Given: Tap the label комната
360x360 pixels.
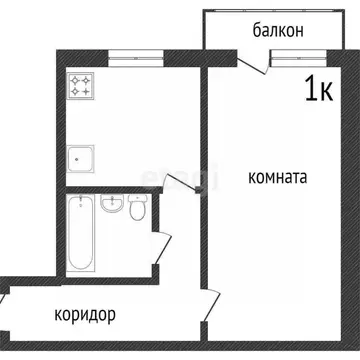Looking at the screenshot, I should [277, 177].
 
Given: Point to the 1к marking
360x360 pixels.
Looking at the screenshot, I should [317, 90].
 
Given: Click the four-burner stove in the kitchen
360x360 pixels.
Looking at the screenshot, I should [81, 87].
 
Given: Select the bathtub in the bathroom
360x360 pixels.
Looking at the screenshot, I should [81, 233].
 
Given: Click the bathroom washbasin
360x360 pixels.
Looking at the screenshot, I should [114, 206].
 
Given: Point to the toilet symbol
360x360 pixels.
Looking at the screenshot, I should [138, 210].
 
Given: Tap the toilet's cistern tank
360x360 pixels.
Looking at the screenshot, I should [138, 200].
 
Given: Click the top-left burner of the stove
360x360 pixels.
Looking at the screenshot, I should [75, 81].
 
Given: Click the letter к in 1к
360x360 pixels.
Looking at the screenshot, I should [326, 90].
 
